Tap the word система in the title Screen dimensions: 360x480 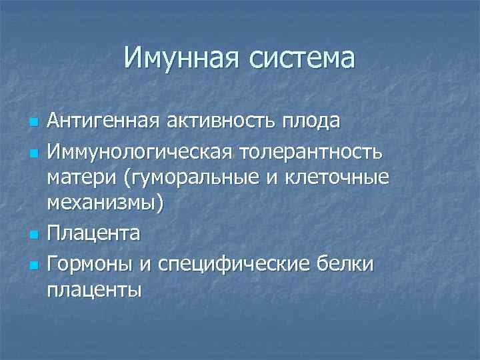pyautogui.click(x=304, y=58)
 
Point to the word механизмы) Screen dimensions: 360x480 pyautogui.click(x=105, y=203)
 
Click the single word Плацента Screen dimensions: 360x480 pyautogui.click(x=93, y=233)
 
